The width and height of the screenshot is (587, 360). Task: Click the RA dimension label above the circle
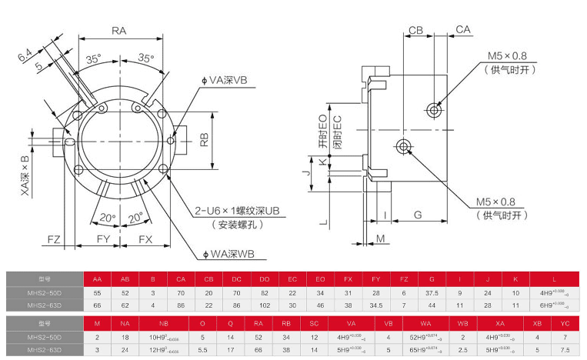[118, 31]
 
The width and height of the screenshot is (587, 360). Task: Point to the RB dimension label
[205, 140]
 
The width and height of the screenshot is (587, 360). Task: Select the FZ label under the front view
[53, 239]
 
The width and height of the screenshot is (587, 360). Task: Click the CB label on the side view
[416, 30]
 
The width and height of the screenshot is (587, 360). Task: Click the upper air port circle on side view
[436, 110]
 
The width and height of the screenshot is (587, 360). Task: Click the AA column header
[97, 279]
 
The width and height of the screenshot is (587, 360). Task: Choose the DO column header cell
[265, 279]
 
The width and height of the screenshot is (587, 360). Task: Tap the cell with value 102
[265, 305]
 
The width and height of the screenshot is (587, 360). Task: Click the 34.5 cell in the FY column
[376, 305]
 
